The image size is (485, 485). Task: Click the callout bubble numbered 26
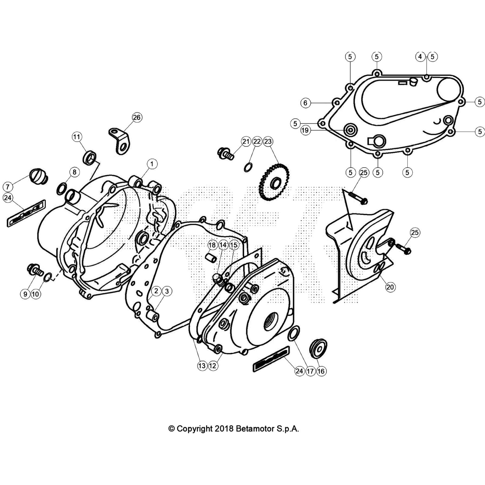click(137, 117)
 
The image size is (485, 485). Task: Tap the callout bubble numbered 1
click(152, 164)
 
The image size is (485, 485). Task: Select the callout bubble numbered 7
click(8, 186)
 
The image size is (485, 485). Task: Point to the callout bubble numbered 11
click(77, 137)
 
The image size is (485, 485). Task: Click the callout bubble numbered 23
click(268, 141)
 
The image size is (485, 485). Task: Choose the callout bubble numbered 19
click(305, 130)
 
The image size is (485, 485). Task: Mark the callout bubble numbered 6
click(305, 103)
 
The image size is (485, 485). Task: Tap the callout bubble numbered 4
click(420, 57)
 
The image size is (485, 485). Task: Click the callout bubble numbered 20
click(390, 287)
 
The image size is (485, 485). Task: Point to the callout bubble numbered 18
click(212, 245)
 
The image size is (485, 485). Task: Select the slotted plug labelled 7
click(39, 175)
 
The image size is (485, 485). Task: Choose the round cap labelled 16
click(318, 347)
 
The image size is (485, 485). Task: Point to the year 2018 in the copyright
click(224, 429)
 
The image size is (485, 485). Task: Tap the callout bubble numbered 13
click(202, 366)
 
